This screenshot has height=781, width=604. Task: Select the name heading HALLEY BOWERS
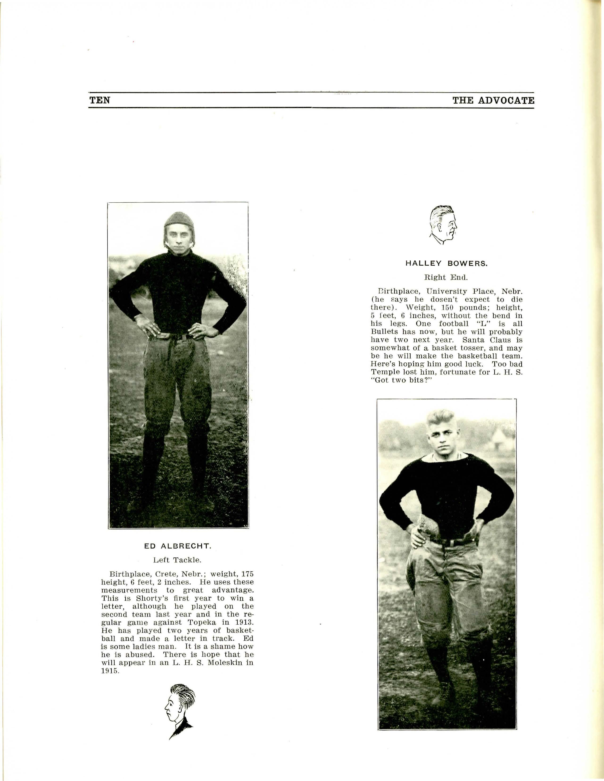coord(446,264)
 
